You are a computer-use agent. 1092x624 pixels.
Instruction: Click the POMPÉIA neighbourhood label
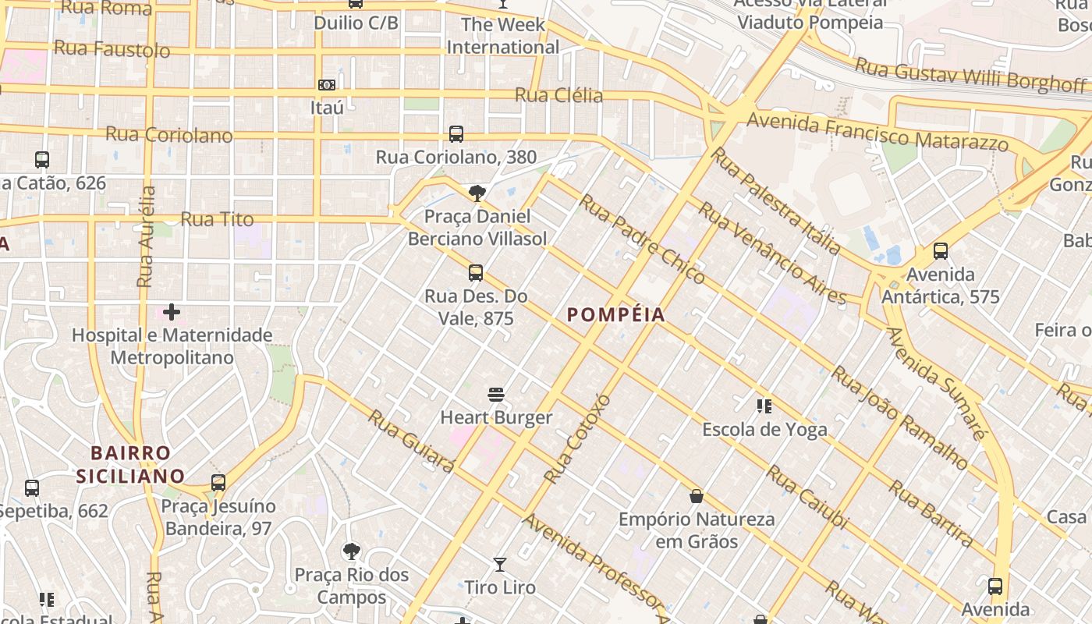[x=616, y=315]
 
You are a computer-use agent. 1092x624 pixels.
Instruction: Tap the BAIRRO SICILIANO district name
[x=131, y=464]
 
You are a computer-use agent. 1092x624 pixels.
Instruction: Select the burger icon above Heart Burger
[x=496, y=395]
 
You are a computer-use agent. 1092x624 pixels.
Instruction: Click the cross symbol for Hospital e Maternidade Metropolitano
[x=172, y=313]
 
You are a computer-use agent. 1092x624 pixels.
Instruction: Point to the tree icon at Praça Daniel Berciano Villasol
[x=477, y=193]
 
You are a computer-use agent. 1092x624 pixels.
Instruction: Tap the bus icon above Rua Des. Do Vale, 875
[x=476, y=273]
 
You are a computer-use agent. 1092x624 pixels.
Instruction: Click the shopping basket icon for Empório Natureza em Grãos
[x=697, y=496]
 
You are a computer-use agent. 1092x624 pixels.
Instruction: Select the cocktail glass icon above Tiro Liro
[x=500, y=564]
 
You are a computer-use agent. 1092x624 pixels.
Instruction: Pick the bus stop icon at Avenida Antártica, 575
[x=941, y=251]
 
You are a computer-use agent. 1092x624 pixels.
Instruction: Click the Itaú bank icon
[x=327, y=84]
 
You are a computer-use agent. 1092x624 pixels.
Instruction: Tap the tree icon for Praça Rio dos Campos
[x=352, y=551]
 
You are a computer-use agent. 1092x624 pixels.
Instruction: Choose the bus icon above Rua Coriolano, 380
[x=456, y=134]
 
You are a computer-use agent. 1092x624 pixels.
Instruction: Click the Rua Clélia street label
[x=558, y=95]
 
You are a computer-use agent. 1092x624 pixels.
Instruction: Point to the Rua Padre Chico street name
[x=642, y=238]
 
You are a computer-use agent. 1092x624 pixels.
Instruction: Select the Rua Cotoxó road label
[x=577, y=438]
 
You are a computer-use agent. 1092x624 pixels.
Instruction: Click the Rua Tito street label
[x=217, y=219]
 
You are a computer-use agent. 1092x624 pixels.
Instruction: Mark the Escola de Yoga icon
[x=764, y=406]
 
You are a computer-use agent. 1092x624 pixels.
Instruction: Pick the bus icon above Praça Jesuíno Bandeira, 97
[x=218, y=483]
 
